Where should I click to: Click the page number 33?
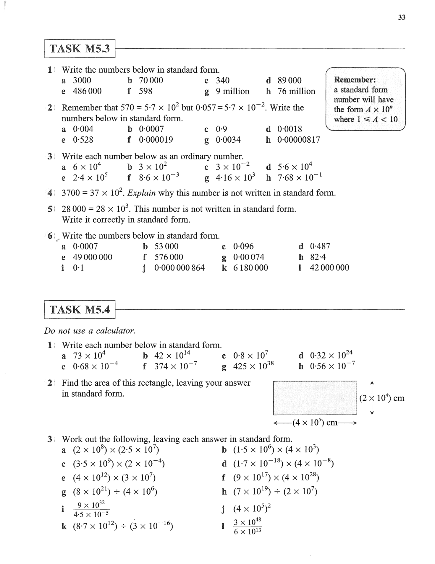[402, 17]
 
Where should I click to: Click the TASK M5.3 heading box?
[80, 48]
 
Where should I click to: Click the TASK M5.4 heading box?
[80, 309]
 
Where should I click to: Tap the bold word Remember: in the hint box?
[355, 80]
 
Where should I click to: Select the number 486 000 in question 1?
[87, 91]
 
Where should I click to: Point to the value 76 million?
[296, 91]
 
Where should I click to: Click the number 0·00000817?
[298, 140]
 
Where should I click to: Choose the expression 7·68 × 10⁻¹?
[299, 177]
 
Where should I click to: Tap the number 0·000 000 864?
[180, 268]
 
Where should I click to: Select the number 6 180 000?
[250, 268]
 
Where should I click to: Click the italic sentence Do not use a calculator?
[90, 331]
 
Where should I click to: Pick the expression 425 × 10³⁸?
[253, 366]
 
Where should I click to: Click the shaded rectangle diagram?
[315, 398]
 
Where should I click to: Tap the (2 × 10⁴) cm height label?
[381, 398]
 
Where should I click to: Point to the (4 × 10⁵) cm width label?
[315, 423]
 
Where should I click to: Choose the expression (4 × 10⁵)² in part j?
[252, 509]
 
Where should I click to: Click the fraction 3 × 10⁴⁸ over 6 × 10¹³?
[247, 527]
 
